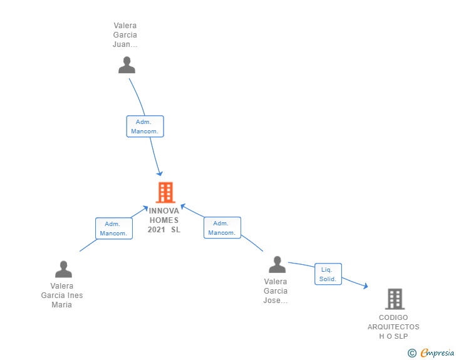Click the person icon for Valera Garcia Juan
[x=127, y=65]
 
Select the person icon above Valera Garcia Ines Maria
[x=63, y=269]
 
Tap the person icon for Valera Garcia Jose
[x=277, y=265]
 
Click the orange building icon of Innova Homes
[x=165, y=192]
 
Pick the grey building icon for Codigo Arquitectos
[x=395, y=299]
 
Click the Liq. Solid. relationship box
[x=328, y=274]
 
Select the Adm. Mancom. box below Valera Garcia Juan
[x=145, y=126]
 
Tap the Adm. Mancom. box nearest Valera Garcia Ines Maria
[x=113, y=229]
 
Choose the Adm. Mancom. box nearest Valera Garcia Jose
[x=222, y=228]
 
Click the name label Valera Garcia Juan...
[x=125, y=35]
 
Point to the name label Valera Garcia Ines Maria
[x=62, y=296]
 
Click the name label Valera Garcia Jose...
[x=276, y=291]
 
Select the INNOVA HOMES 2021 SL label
[x=164, y=220]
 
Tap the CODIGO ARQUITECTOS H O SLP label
[x=393, y=327]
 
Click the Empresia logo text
[x=437, y=353]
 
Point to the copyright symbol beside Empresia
[x=412, y=353]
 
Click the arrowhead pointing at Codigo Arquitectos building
[x=365, y=286]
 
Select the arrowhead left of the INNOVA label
[x=145, y=208]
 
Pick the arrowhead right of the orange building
[x=183, y=205]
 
